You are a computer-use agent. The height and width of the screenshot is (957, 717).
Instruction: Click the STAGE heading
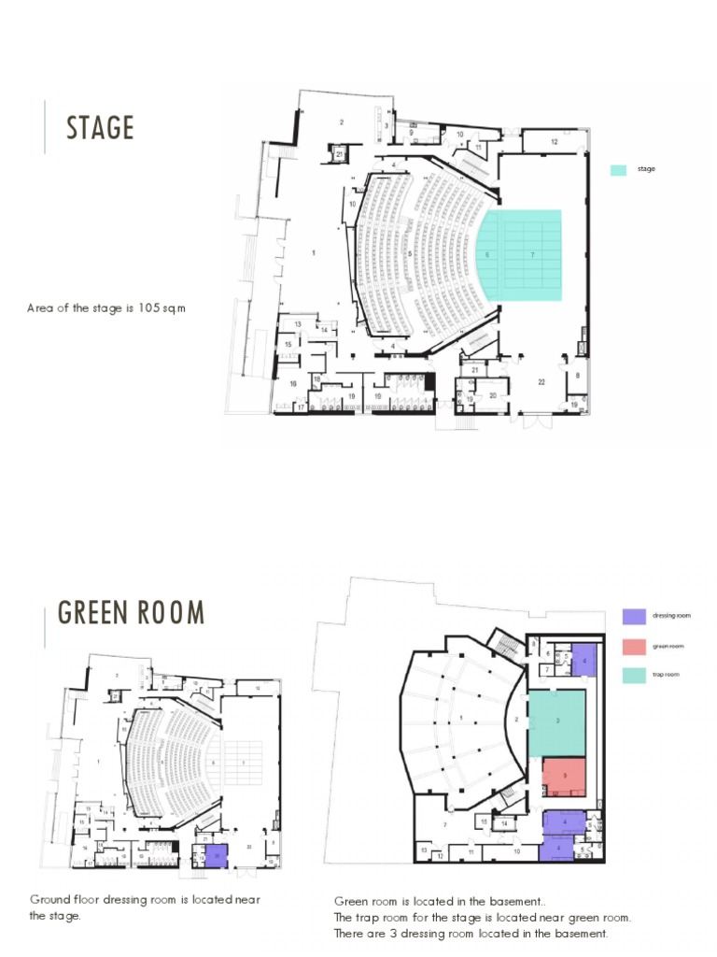coord(100,128)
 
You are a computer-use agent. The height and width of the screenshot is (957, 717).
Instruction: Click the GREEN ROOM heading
coord(132,612)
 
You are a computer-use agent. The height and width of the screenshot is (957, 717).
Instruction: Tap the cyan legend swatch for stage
coord(618,170)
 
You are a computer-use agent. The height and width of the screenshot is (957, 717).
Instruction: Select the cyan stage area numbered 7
coord(532,254)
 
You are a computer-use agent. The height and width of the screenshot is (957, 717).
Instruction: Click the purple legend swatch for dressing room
coord(634,616)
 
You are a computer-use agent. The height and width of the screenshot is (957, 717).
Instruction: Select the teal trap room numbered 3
coord(557,721)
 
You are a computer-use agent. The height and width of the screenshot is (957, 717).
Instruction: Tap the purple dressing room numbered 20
coord(216,854)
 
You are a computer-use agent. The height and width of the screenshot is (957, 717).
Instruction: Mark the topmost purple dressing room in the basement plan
coord(583,660)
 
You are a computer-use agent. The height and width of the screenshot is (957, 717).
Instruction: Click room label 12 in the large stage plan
coord(554,141)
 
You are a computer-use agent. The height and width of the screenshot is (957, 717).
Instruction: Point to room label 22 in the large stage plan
coord(541,381)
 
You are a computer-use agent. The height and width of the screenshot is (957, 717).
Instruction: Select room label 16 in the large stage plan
coord(292,383)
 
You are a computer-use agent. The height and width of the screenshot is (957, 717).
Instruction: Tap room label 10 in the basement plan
coord(516,852)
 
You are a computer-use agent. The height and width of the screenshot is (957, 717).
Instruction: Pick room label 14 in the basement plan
coord(503,822)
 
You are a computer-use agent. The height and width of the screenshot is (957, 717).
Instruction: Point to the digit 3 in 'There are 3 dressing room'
coord(395,933)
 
